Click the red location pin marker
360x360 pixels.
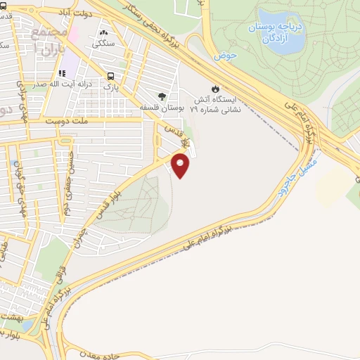181,165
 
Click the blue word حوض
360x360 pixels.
224,54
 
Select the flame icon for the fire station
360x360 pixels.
216,89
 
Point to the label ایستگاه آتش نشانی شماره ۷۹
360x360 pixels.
217,105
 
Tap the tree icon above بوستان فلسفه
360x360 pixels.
163,96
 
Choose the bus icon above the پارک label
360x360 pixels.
110,76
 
